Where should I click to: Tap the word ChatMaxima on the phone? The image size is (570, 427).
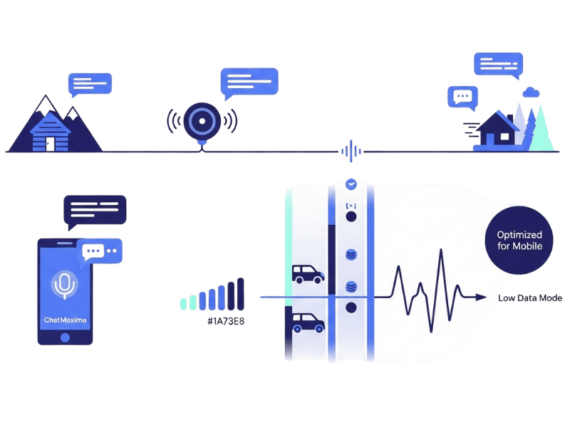(65, 320)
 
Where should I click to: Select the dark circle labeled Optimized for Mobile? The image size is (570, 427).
(519, 241)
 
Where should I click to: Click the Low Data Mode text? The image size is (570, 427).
(530, 298)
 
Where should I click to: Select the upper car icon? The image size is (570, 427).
(308, 274)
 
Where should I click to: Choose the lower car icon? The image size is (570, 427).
(308, 324)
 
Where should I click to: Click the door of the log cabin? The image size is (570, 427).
(49, 142)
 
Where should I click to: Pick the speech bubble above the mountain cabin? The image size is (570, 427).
(90, 84)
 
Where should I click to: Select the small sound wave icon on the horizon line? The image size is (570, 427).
(350, 151)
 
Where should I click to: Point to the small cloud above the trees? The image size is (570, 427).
(530, 92)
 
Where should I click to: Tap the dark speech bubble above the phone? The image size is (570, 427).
(93, 211)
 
